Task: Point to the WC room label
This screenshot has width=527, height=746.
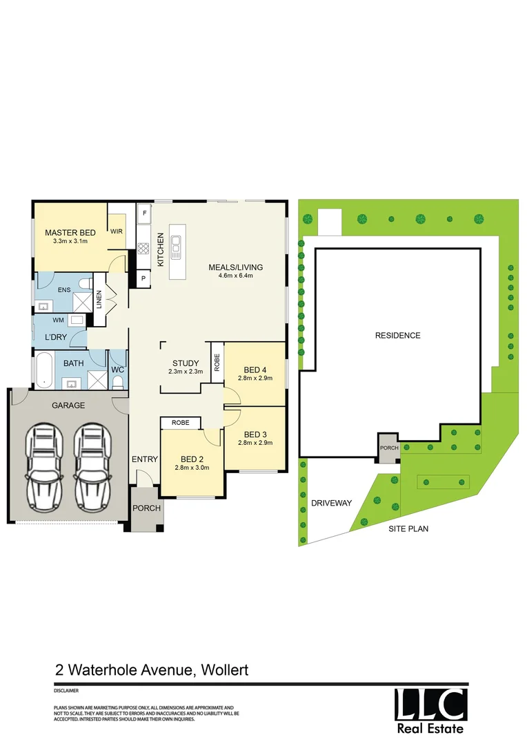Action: click(x=117, y=370)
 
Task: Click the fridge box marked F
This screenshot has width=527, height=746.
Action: click(x=144, y=213)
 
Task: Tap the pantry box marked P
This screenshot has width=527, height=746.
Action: click(x=143, y=278)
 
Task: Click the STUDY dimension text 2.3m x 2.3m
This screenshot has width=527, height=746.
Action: click(x=185, y=372)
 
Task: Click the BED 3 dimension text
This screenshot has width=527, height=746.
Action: click(x=255, y=443)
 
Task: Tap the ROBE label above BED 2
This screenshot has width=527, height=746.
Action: click(x=180, y=421)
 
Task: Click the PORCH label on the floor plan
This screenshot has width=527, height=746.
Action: click(x=147, y=508)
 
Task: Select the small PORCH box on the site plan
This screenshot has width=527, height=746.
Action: click(x=388, y=447)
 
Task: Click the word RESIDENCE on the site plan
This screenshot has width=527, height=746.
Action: click(x=397, y=336)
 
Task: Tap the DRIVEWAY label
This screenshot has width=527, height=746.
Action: click(x=332, y=503)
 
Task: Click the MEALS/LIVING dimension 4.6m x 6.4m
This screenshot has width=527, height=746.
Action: click(x=236, y=276)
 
